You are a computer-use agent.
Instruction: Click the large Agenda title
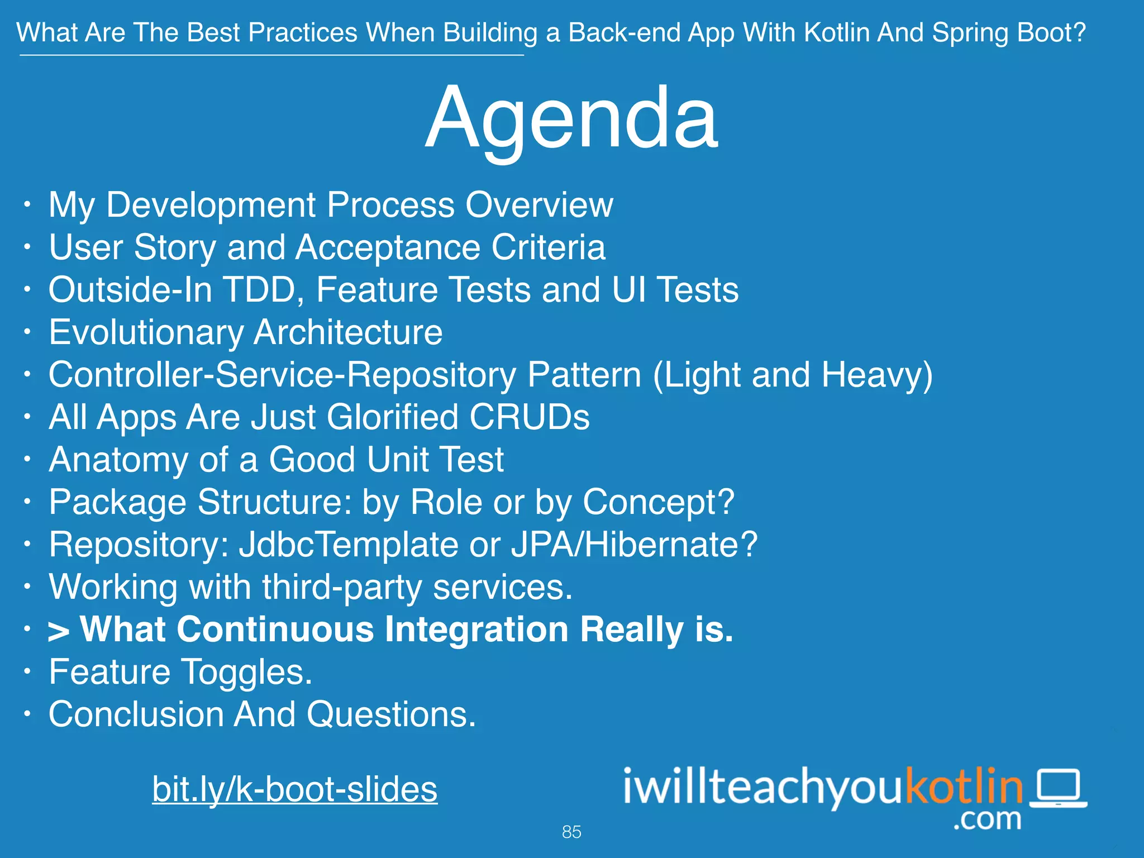(x=571, y=118)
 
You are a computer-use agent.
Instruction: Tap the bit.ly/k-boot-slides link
(x=294, y=789)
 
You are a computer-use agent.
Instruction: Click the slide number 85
(x=571, y=832)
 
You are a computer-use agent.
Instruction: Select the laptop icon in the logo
(x=1058, y=788)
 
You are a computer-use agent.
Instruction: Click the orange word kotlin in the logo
(x=964, y=785)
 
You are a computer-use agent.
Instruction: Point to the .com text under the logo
(x=987, y=819)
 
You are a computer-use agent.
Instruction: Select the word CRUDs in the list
(x=529, y=417)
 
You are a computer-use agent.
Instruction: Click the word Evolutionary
(x=146, y=333)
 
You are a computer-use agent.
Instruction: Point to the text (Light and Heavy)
(x=792, y=375)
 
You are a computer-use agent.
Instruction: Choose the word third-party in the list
(x=342, y=588)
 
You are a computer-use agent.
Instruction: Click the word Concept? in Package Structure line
(x=658, y=502)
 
